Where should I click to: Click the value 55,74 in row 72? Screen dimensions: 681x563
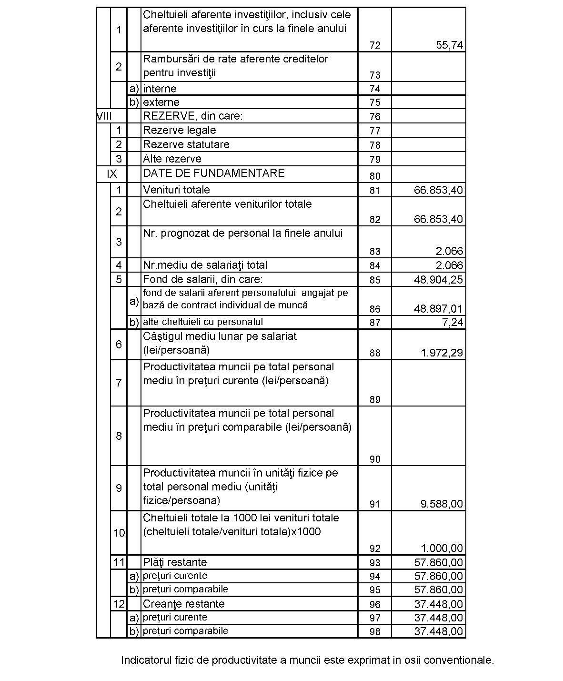[x=449, y=45]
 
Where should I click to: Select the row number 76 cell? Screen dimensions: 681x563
[x=375, y=117]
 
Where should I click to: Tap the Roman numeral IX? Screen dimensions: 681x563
[x=112, y=174]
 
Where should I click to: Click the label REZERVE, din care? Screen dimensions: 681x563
[x=192, y=116]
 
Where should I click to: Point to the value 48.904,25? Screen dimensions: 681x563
[x=438, y=280]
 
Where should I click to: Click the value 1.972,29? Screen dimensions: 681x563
[x=442, y=353]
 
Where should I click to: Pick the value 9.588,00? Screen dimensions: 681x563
[x=442, y=504]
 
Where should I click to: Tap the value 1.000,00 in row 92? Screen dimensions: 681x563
[x=442, y=548]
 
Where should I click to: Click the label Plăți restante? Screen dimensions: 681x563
[x=175, y=562]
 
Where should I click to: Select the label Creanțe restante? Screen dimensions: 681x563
[x=183, y=604]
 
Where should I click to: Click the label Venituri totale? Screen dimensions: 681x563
[x=176, y=190]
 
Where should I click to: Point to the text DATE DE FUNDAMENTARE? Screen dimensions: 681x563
[x=214, y=173]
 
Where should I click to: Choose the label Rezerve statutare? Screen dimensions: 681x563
[x=186, y=144]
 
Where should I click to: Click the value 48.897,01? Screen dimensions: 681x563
[x=438, y=309]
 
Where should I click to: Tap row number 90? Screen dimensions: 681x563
[x=375, y=459]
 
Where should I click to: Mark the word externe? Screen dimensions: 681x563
[x=161, y=102]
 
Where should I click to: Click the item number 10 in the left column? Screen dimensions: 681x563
[x=119, y=533]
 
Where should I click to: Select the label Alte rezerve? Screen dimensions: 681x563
[x=172, y=159]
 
